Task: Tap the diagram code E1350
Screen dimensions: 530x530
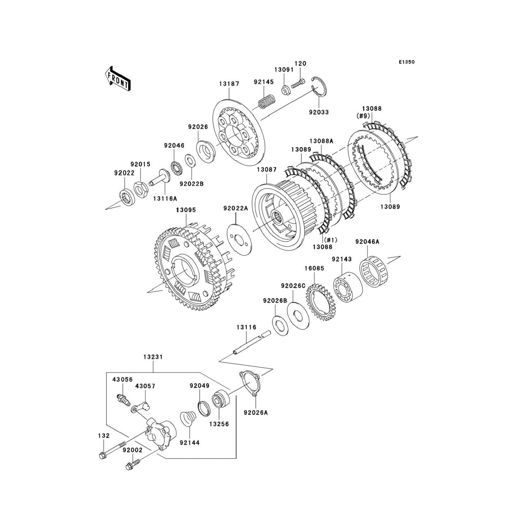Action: click(407, 62)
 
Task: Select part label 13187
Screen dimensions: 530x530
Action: click(229, 84)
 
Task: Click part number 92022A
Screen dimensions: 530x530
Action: click(236, 208)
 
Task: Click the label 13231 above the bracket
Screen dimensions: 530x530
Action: click(153, 357)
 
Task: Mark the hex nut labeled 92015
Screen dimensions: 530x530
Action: click(140, 189)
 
